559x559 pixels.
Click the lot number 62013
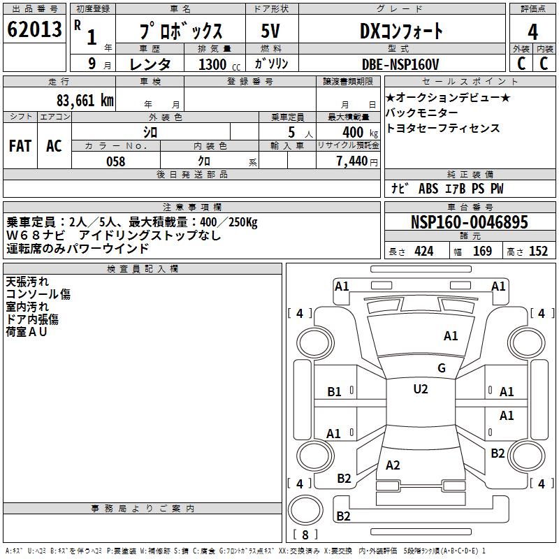pyautogui.click(x=34, y=30)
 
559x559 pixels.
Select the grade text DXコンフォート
pyautogui.click(x=401, y=31)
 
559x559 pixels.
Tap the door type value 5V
pyautogui.click(x=271, y=31)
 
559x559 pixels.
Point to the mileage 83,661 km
pyautogui.click(x=85, y=100)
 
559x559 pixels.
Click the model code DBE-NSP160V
pyautogui.click(x=400, y=64)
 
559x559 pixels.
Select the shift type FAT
pyautogui.click(x=20, y=145)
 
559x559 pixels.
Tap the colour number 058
pyautogui.click(x=115, y=161)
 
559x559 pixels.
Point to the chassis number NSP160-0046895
pyautogui.click(x=470, y=222)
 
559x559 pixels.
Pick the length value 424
pyautogui.click(x=423, y=252)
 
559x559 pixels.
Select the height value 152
pyautogui.click(x=538, y=252)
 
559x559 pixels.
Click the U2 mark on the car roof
pyautogui.click(x=420, y=389)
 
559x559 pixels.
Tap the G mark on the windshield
pyautogui.click(x=442, y=368)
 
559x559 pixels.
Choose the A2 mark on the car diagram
pyautogui.click(x=393, y=465)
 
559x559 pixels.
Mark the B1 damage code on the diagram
pyautogui.click(x=335, y=392)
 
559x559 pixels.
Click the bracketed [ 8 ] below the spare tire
pyautogui.click(x=305, y=535)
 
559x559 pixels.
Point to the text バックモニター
pyautogui.click(x=422, y=113)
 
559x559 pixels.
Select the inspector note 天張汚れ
pyautogui.click(x=27, y=282)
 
